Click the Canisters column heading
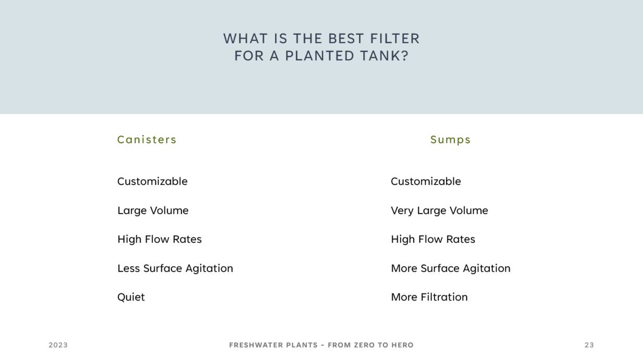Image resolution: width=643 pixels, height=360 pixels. click(147, 140)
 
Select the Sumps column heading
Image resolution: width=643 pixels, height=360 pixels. click(450, 140)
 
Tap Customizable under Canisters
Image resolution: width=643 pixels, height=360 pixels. click(153, 181)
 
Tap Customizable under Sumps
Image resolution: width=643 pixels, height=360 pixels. click(426, 181)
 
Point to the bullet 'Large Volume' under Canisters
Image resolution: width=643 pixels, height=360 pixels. click(153, 210)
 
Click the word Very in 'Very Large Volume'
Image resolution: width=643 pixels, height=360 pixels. click(402, 210)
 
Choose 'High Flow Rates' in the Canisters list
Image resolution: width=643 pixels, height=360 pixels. click(159, 240)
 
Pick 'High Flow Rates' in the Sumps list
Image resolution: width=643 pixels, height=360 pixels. click(433, 240)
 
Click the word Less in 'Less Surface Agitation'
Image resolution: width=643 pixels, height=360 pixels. click(129, 268)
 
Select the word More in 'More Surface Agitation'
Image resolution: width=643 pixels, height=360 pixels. click(404, 268)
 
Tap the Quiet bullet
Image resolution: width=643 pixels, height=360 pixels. click(131, 297)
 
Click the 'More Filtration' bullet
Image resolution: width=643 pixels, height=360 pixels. click(429, 297)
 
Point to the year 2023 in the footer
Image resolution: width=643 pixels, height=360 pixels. click(58, 345)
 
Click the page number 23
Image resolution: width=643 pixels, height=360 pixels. click(589, 345)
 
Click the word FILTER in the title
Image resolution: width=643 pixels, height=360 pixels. click(395, 39)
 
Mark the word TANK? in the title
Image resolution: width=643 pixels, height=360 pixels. click(384, 56)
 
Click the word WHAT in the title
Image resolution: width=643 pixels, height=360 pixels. click(245, 39)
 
